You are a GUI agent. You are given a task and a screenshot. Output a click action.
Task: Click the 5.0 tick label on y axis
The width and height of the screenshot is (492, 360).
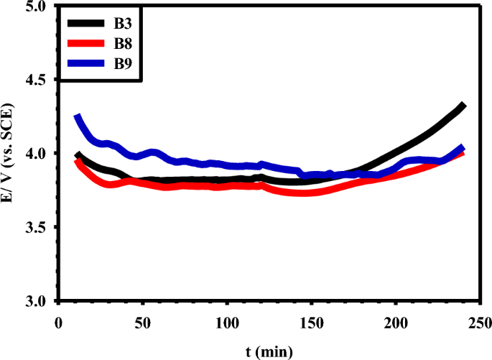(x=35, y=6)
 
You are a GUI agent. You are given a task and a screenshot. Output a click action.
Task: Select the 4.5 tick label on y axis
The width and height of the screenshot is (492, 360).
(x=35, y=80)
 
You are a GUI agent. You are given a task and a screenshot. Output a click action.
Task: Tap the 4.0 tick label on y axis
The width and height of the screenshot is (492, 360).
(x=35, y=154)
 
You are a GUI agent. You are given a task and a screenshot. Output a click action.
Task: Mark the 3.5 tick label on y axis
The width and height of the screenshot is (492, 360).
(x=35, y=227)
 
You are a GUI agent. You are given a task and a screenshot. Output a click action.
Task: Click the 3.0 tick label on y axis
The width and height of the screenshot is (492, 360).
(x=35, y=301)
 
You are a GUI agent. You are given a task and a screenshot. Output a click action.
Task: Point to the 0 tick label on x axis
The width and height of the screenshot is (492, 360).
(x=58, y=321)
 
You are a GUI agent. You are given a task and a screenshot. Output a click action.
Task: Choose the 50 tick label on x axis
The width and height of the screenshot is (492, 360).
(x=142, y=321)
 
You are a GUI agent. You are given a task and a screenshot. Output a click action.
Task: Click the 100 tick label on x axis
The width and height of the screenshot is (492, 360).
(x=227, y=321)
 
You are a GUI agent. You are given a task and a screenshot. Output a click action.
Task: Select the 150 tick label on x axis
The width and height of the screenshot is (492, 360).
(x=312, y=321)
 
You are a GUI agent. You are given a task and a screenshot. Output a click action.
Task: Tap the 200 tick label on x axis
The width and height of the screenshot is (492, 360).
(x=396, y=321)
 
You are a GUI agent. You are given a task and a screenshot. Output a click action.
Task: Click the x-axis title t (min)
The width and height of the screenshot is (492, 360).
(x=267, y=351)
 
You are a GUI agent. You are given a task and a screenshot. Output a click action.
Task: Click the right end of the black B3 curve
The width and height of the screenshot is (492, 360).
(x=463, y=106)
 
